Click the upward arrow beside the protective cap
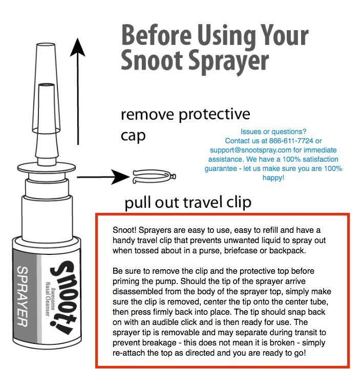click(x=78, y=91)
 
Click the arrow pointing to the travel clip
click(x=103, y=177)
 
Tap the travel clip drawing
click(x=154, y=177)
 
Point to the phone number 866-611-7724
click(x=291, y=141)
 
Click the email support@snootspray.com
click(x=250, y=150)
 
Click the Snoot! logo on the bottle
click(x=63, y=297)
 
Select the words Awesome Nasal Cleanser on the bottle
click(x=50, y=299)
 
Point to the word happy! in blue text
click(x=273, y=178)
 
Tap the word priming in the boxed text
click(x=124, y=281)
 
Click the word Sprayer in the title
click(x=229, y=61)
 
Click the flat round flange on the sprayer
click(x=47, y=168)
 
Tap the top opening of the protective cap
click(x=46, y=45)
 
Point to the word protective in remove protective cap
click(x=214, y=115)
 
